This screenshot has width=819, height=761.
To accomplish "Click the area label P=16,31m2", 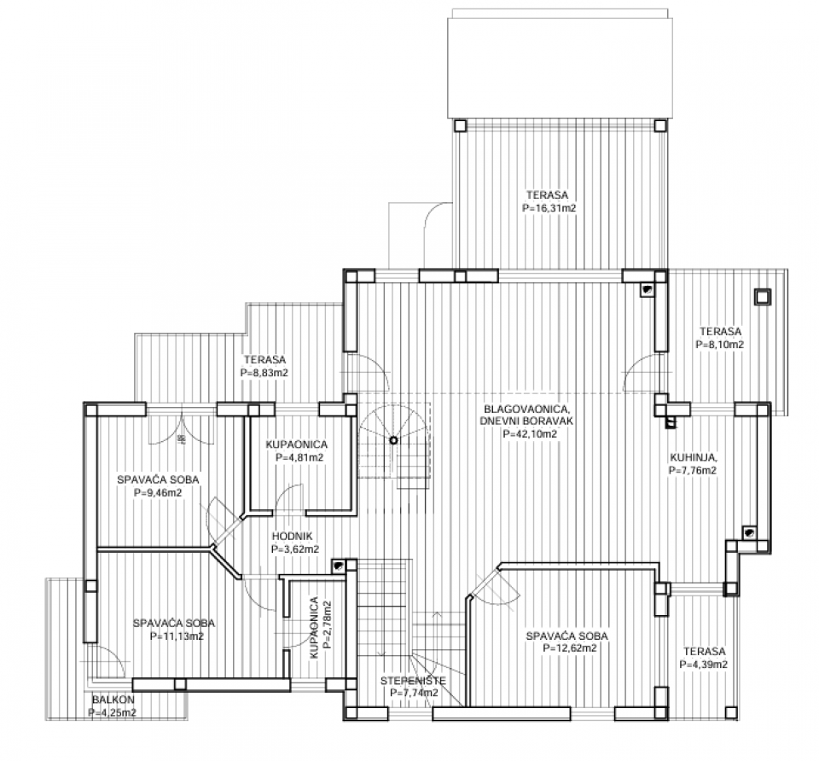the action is click(x=549, y=208).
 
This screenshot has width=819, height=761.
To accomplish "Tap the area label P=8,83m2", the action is click(x=264, y=373).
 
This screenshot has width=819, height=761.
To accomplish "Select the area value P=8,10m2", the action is click(x=720, y=345).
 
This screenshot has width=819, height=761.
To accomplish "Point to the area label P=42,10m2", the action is click(x=530, y=434).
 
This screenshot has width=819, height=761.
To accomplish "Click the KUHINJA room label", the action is click(x=694, y=457).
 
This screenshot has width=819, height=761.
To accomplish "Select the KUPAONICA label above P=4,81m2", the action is click(x=297, y=444).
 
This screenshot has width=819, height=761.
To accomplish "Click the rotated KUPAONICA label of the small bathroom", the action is click(x=313, y=628).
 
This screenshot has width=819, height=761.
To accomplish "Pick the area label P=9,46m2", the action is click(x=158, y=492).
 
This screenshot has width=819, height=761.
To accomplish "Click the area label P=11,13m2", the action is click(x=177, y=636).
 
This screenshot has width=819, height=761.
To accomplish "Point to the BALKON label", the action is click(x=113, y=700).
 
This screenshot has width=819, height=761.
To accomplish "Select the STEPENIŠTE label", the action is click(x=413, y=680).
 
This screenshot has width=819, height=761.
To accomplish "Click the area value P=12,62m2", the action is click(x=569, y=648).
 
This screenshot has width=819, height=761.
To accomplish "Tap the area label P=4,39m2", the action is click(x=704, y=665).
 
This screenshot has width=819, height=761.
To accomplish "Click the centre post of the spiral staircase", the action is click(x=393, y=440).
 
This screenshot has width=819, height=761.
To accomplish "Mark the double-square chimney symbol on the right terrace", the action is click(x=762, y=297).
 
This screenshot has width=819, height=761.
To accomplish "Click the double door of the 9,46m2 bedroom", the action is click(x=181, y=428).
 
